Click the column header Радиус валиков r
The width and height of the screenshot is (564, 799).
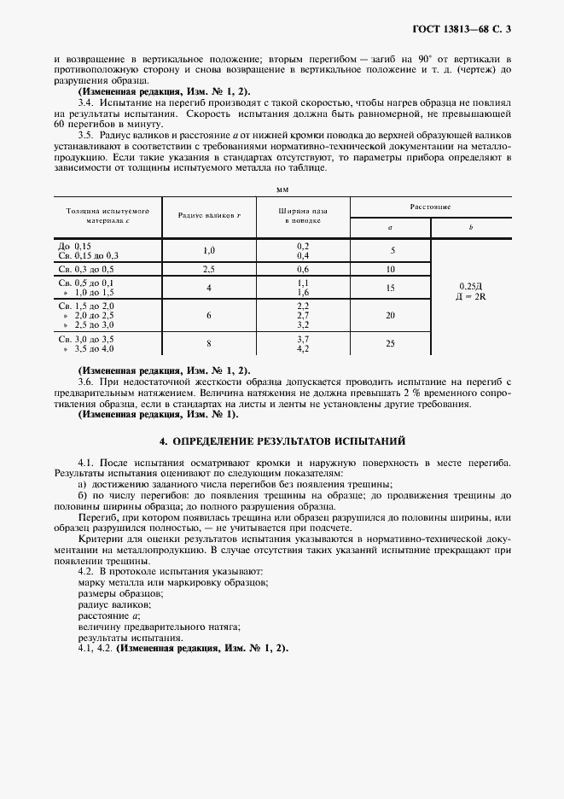(x=209, y=215)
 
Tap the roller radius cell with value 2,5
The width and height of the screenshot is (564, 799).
(x=209, y=268)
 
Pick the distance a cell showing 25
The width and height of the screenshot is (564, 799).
(x=391, y=344)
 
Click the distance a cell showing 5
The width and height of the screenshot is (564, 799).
(x=391, y=250)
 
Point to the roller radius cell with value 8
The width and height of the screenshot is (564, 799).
(x=209, y=344)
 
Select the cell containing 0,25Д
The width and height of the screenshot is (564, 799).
(x=470, y=287)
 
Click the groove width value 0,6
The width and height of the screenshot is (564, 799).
(x=302, y=268)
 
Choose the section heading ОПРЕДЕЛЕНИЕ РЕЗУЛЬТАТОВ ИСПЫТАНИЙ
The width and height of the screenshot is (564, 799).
(x=282, y=441)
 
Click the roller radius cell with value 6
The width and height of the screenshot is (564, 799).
(x=209, y=315)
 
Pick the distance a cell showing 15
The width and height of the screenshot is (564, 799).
(x=391, y=288)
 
